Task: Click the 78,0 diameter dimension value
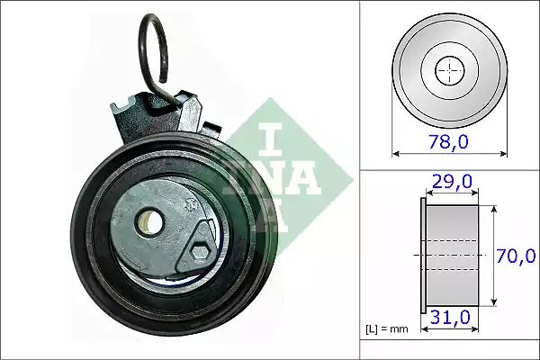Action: point(449,141)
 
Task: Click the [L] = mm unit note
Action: point(387,328)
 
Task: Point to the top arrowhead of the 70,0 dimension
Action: point(494,208)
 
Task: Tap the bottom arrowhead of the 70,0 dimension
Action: point(494,303)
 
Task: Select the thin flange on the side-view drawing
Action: point(423,256)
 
